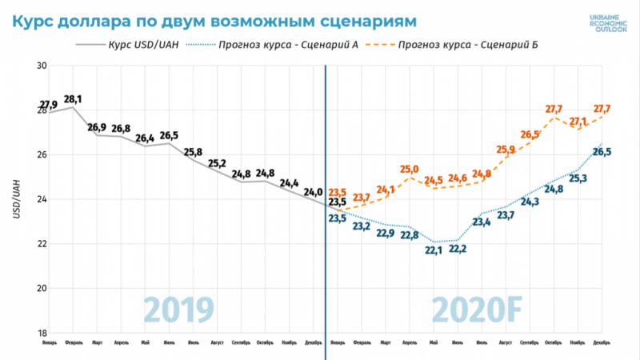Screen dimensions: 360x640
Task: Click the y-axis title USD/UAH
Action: (17, 199)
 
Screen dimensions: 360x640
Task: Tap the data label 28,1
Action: (73, 99)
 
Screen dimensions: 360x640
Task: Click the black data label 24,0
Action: (314, 192)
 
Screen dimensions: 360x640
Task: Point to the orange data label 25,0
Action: (409, 169)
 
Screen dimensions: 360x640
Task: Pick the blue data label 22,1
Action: (433, 251)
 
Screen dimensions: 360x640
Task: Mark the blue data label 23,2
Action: (361, 227)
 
